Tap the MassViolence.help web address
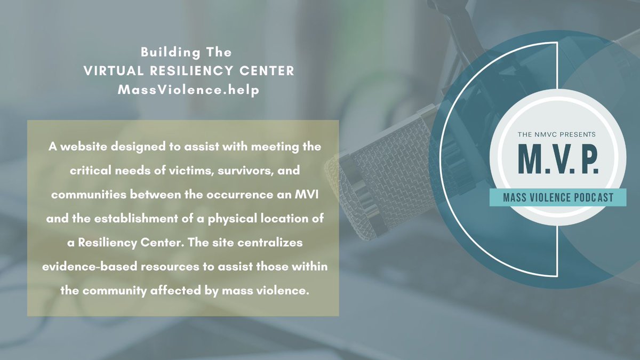(x=189, y=90)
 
